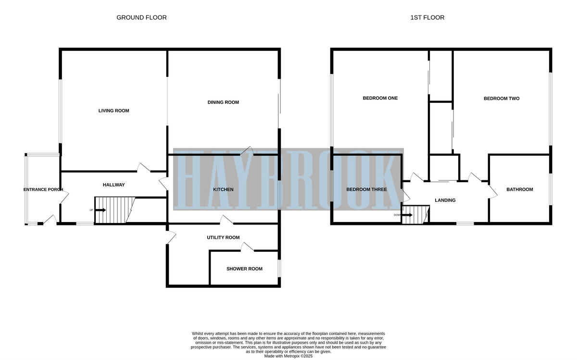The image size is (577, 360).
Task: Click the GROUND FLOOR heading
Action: tap(141, 18)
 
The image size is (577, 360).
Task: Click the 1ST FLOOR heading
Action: tap(427, 18)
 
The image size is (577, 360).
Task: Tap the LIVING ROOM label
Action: tap(113, 111)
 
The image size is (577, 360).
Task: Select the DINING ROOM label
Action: tap(223, 102)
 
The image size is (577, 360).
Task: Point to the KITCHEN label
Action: tap(223, 190)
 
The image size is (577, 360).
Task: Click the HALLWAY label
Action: tap(113, 185)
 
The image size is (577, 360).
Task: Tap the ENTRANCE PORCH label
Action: tap(43, 190)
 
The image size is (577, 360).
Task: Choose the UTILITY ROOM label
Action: tap(223, 237)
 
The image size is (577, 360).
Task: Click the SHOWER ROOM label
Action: tap(244, 269)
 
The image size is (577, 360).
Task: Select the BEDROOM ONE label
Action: tap(380, 98)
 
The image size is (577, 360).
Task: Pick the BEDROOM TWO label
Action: tap(501, 99)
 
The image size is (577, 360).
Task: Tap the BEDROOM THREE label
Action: tap(366, 189)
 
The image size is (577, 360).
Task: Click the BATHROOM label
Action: tap(519, 189)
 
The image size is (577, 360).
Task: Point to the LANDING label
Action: tap(445, 200)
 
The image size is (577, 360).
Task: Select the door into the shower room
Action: tap(247, 248)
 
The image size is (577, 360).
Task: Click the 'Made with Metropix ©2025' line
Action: tap(288, 356)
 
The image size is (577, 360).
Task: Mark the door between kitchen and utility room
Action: tap(226, 221)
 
